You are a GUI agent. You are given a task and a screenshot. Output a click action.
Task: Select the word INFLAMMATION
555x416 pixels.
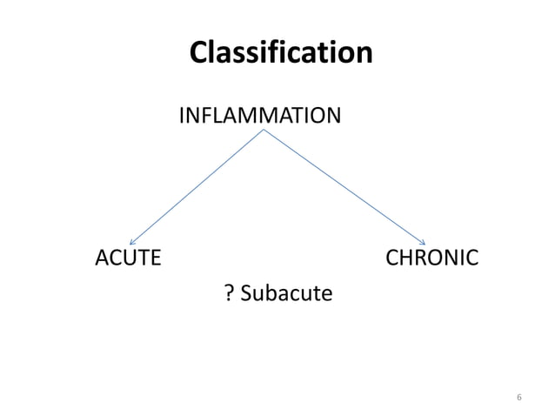click(259, 115)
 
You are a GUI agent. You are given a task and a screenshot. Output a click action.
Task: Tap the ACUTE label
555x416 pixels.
click(127, 258)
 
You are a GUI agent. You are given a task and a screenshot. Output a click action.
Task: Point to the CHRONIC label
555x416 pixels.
click(431, 258)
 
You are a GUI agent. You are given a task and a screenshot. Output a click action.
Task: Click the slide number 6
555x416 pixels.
click(518, 398)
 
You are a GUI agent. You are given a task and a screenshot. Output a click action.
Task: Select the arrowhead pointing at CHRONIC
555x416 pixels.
click(423, 242)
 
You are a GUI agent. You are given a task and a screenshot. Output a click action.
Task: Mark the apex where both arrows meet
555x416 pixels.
click(264, 131)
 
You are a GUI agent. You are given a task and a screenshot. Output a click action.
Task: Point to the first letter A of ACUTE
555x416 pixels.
click(101, 258)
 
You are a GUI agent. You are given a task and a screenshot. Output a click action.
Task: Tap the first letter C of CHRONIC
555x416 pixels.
click(391, 258)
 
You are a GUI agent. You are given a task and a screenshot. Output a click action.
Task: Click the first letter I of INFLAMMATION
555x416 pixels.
click(182, 115)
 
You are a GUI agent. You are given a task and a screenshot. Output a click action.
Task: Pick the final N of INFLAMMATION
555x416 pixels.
click(333, 115)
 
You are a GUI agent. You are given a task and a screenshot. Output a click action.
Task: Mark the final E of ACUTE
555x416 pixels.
click(155, 258)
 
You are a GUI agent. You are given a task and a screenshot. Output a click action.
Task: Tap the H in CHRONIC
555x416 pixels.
click(406, 258)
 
